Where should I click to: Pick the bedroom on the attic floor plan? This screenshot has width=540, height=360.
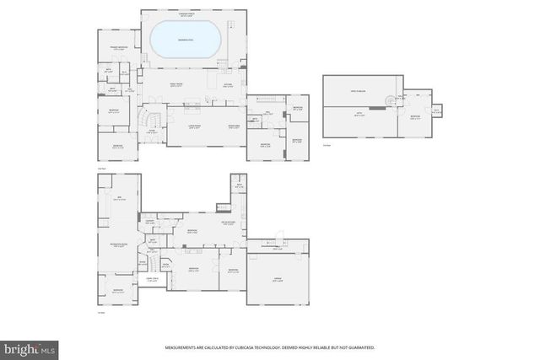tap(414, 117)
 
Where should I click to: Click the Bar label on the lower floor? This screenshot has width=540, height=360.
tap(118, 199)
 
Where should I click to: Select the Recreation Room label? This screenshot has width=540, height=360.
tap(119, 245)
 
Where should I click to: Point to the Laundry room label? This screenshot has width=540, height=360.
tap(151, 222)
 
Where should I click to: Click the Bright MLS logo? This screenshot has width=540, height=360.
tap(30, 347)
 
